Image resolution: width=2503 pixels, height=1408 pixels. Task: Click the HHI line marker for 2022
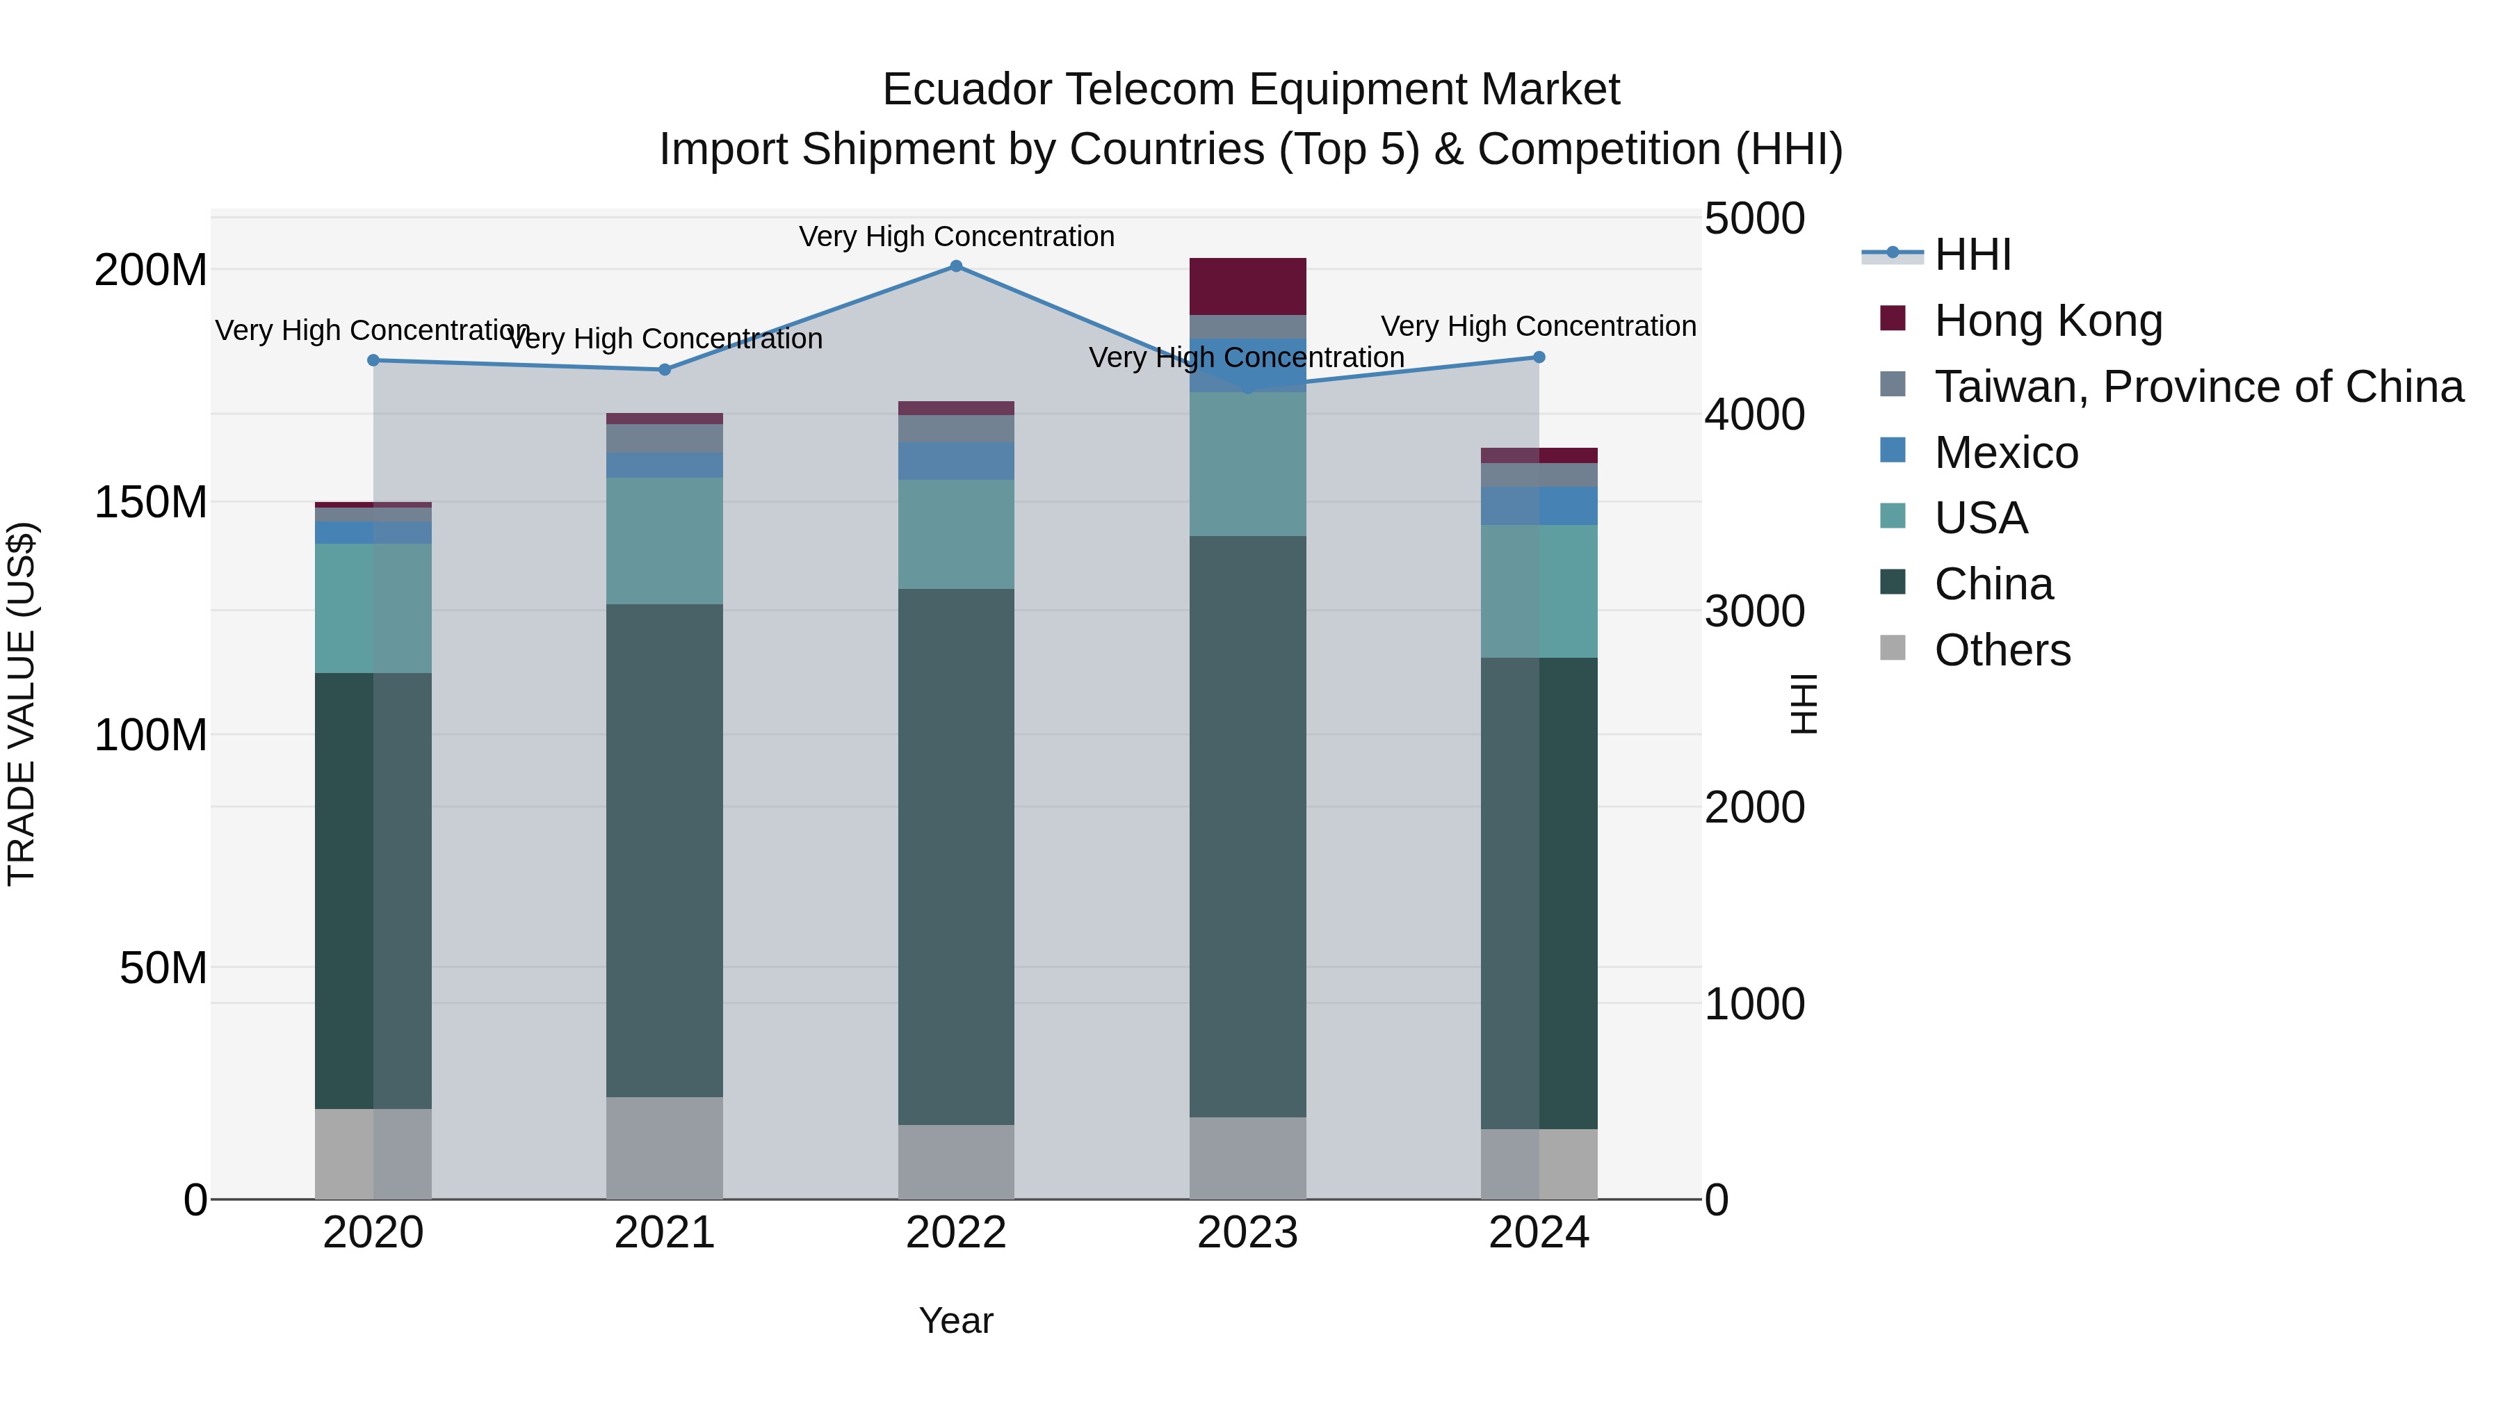(x=956, y=266)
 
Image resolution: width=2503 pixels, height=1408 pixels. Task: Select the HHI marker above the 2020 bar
(x=373, y=360)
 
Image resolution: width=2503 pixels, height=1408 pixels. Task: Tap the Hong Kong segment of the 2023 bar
(x=1247, y=286)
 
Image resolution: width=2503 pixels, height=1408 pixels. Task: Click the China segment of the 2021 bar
(x=665, y=850)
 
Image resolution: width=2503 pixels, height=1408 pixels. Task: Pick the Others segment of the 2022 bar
(x=956, y=1162)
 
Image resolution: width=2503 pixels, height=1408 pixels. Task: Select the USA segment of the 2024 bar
(x=1539, y=592)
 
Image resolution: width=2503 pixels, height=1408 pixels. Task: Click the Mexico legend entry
(x=2005, y=453)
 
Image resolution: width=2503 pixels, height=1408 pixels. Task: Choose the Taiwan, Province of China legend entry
(x=2198, y=387)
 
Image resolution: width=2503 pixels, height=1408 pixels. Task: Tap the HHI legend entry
(x=1973, y=254)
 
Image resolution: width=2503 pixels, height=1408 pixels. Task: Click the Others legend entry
(x=2002, y=650)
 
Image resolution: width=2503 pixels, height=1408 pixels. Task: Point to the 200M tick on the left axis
(x=151, y=270)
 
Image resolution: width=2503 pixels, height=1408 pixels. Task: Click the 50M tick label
(x=163, y=968)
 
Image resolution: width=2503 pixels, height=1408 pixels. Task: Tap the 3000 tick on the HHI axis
(x=1755, y=611)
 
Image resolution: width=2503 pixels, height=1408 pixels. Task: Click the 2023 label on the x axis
(x=1247, y=1233)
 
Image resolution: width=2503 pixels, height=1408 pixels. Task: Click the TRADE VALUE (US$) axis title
(x=22, y=704)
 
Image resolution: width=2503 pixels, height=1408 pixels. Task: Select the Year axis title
(x=956, y=1320)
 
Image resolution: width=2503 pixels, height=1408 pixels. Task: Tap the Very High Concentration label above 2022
(x=956, y=236)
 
